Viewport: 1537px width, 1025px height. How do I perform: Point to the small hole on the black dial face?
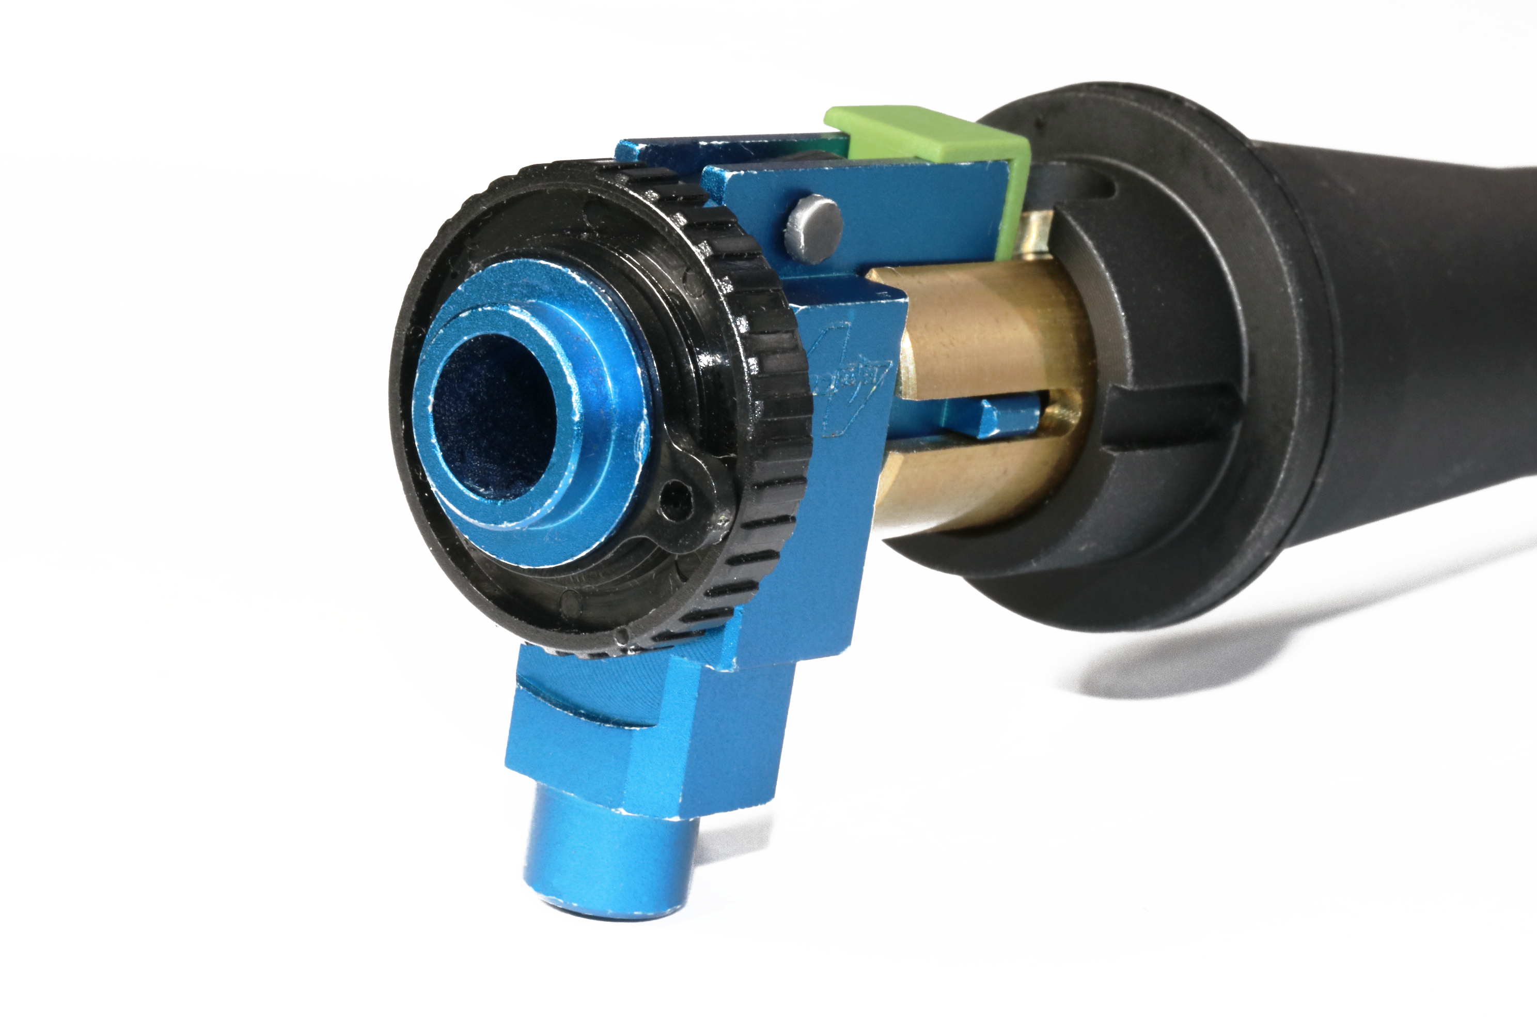pos(677,503)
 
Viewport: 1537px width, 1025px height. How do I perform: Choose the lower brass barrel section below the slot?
pos(980,484)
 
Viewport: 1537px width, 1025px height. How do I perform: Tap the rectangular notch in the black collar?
pos(1170,418)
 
